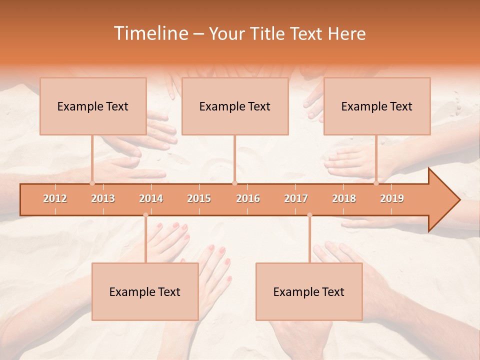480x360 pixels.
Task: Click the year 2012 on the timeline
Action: tap(55, 198)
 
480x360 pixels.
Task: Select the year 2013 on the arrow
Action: tap(103, 198)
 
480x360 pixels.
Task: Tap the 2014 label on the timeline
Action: tap(151, 198)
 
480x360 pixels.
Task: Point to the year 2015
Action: tap(199, 198)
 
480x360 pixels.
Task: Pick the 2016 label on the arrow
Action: tap(248, 198)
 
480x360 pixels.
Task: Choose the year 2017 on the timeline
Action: tap(296, 198)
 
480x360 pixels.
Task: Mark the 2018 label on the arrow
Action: tap(344, 198)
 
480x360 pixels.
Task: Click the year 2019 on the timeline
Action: tap(392, 198)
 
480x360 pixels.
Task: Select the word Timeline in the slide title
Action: tap(150, 33)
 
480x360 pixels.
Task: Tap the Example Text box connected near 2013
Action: tap(93, 106)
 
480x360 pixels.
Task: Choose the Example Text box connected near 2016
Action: tap(235, 106)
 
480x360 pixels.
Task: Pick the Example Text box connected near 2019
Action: tap(377, 106)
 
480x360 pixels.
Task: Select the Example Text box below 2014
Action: tap(145, 291)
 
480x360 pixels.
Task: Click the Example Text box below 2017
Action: tap(309, 291)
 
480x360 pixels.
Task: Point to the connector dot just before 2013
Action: tap(92, 183)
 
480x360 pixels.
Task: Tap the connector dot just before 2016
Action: tap(234, 183)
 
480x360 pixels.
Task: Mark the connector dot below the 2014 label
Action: tap(145, 215)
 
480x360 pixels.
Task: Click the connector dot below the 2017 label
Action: tap(309, 215)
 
